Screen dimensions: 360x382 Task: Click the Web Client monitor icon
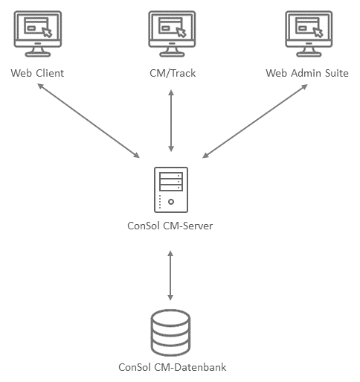(x=38, y=34)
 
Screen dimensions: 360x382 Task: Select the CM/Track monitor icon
(x=172, y=34)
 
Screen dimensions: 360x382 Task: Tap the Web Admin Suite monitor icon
(x=309, y=34)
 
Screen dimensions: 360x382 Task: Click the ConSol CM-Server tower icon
(x=171, y=190)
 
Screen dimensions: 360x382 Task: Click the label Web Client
(x=37, y=73)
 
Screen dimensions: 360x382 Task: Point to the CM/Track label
(x=173, y=73)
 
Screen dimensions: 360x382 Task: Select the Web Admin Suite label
(x=307, y=73)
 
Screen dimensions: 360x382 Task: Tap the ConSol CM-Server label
(x=170, y=226)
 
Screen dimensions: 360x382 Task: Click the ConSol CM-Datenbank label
(x=173, y=367)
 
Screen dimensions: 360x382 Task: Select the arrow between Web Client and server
(x=89, y=121)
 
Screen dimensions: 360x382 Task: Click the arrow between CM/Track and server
(x=171, y=121)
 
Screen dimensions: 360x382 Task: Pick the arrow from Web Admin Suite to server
(x=255, y=121)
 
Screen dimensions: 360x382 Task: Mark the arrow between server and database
(x=170, y=276)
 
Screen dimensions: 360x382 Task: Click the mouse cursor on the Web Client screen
(x=47, y=32)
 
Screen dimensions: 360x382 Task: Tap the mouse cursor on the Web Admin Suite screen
(x=318, y=32)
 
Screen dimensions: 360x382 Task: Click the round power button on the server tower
(x=171, y=202)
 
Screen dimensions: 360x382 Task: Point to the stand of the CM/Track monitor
(x=172, y=52)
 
